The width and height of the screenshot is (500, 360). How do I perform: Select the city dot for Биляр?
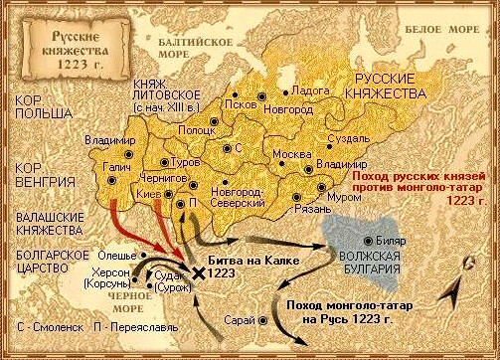click(x=369, y=241)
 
